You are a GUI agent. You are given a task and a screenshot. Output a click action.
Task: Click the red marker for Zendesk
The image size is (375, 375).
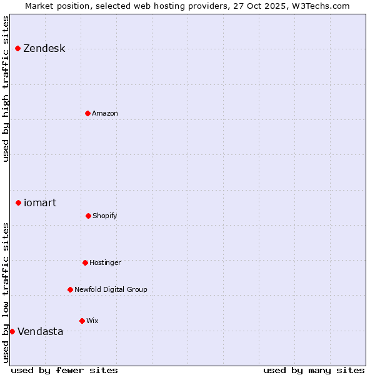click(18, 49)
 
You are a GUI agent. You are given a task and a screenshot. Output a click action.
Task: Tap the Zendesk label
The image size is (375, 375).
click(44, 49)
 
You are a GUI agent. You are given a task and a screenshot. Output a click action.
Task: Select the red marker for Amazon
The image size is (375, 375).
click(88, 113)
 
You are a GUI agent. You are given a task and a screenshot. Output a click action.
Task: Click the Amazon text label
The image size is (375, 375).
click(105, 113)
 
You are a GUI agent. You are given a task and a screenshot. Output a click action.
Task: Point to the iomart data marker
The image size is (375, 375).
click(19, 202)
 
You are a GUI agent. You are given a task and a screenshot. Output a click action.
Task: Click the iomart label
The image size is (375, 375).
click(40, 202)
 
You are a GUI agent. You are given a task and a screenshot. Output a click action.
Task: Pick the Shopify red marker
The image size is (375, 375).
click(89, 216)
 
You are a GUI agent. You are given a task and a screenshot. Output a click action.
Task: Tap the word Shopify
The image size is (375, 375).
click(105, 216)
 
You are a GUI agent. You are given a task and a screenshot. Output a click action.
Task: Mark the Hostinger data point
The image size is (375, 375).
click(86, 262)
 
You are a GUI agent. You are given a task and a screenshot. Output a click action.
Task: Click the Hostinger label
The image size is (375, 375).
click(106, 262)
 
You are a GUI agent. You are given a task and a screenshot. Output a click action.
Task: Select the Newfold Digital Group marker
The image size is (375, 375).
click(71, 289)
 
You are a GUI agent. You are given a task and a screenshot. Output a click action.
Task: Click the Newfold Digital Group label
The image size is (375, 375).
click(111, 289)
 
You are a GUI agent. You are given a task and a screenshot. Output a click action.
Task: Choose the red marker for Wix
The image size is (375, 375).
click(82, 321)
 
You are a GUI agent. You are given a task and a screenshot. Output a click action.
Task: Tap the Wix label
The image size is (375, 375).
click(92, 321)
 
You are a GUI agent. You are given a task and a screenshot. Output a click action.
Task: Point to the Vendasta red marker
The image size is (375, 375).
click(12, 331)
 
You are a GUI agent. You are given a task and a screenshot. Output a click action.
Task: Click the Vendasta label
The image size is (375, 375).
click(41, 331)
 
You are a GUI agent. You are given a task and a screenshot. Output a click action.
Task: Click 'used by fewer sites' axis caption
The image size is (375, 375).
click(64, 370)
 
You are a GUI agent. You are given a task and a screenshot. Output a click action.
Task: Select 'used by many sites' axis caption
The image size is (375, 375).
click(314, 370)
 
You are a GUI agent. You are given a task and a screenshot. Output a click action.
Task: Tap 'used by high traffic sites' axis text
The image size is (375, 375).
click(6, 89)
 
